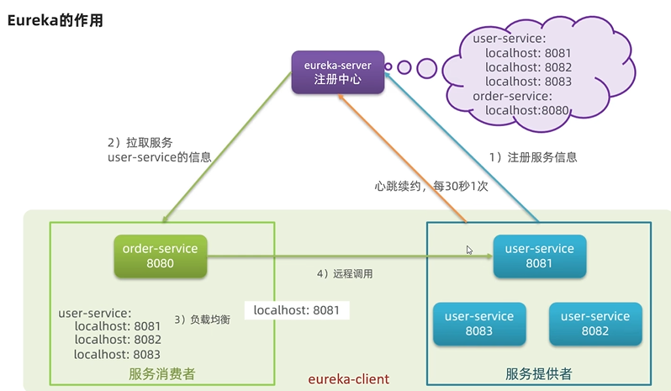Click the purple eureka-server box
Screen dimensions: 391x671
point(337,71)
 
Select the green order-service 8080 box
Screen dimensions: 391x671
point(160,256)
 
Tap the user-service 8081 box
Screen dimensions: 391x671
point(538,256)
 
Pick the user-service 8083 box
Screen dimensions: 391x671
point(478,323)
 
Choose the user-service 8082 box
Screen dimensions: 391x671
point(595,323)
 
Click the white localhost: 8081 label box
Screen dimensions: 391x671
point(297,310)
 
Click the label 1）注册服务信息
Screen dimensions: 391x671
point(533,157)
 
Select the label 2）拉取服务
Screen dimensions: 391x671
point(142,141)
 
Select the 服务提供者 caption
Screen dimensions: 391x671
point(539,373)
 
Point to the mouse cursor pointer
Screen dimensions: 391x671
point(470,250)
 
